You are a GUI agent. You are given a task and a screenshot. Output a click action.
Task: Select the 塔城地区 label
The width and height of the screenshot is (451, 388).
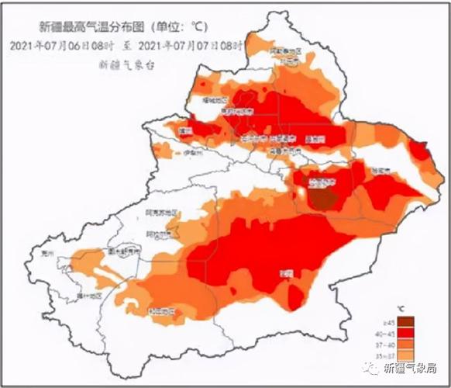214,100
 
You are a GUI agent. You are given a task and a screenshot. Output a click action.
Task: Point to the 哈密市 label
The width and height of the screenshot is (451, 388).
380,168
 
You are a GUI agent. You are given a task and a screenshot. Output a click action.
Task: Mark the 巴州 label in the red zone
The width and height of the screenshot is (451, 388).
286,272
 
